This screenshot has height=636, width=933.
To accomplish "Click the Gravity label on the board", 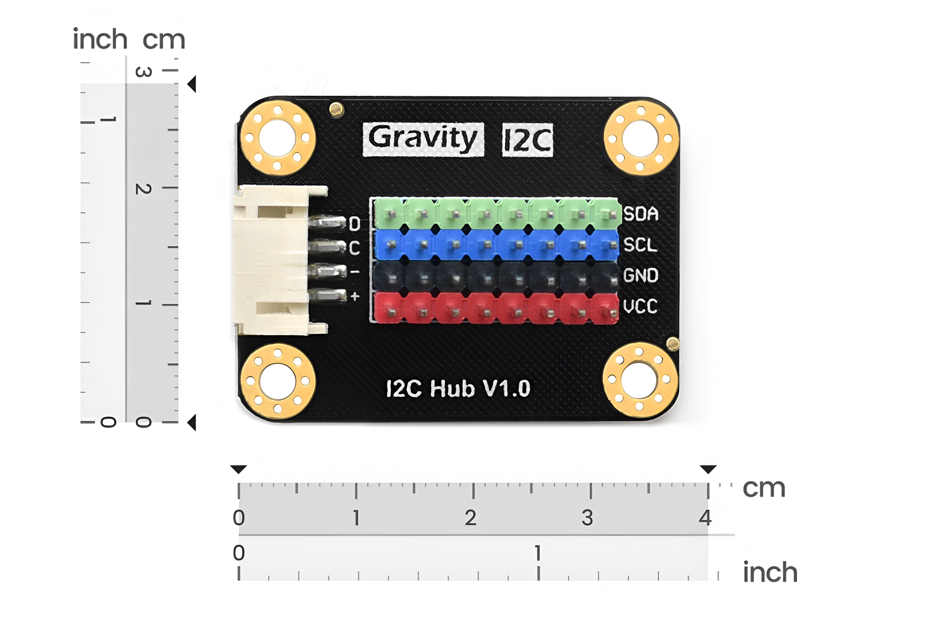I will tap(423, 139).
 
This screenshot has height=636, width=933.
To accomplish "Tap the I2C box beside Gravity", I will tap(527, 140).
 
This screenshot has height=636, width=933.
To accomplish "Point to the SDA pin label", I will tap(641, 214).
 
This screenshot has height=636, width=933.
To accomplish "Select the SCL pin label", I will tap(640, 245).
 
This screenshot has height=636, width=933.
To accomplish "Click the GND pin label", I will tap(641, 275).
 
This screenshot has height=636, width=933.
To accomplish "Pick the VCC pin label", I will tap(640, 307).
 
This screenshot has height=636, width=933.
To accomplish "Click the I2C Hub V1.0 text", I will tap(458, 388).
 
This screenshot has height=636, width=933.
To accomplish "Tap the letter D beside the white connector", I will tap(354, 224).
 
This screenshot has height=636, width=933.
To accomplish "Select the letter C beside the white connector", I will tap(354, 248).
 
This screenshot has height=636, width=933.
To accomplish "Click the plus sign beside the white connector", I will tap(355, 296).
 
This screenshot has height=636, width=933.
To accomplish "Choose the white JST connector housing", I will tap(271, 260).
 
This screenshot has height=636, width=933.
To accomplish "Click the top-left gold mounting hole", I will tap(277, 138).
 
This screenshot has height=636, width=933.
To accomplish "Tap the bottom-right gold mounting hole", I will tap(639, 380).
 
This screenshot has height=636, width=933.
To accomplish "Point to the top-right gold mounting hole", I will tap(641, 138).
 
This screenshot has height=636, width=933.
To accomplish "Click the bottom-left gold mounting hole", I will tap(277, 381).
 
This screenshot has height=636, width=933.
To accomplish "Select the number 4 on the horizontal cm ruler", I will tap(705, 518).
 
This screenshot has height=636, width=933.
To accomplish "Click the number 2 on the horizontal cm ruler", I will tap(470, 518).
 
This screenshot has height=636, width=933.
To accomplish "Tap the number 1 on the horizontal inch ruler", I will tap(538, 553).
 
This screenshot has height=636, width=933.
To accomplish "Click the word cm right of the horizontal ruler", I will tap(764, 488).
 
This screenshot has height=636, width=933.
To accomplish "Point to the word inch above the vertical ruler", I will tap(100, 39).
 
